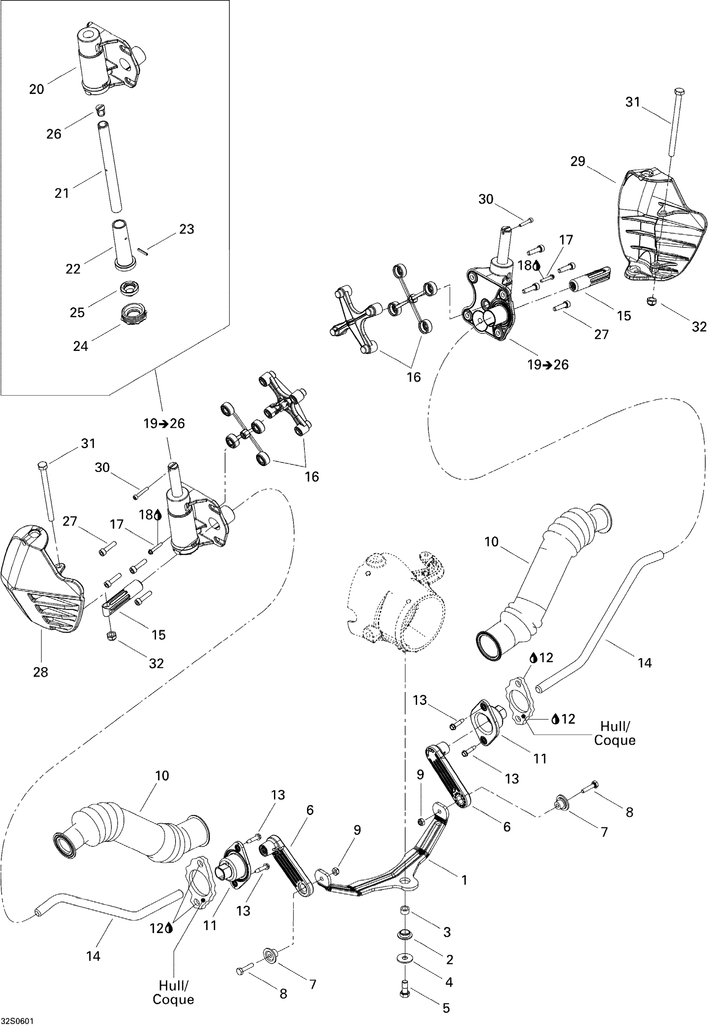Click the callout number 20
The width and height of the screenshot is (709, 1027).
tap(36, 89)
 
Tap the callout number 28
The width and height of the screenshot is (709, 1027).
tap(40, 672)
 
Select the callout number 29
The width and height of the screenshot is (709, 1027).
tap(578, 161)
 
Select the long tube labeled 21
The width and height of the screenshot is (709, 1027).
tap(110, 165)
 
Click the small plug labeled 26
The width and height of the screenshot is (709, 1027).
tap(101, 109)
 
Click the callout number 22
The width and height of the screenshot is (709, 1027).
tap(73, 269)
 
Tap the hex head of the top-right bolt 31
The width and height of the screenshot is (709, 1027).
tap(679, 91)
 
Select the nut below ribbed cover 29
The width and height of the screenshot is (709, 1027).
tap(652, 300)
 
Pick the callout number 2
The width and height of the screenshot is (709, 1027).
tap(450, 959)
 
